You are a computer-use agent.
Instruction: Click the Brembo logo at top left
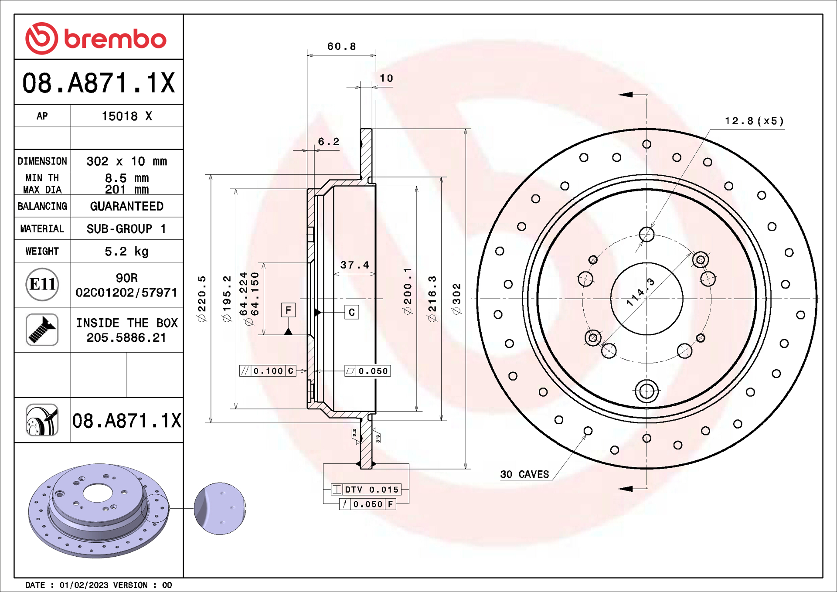click(96, 38)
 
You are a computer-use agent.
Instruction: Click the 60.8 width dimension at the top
click(341, 46)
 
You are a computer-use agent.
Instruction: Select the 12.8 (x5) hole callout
click(754, 121)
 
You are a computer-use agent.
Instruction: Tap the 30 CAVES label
click(524, 474)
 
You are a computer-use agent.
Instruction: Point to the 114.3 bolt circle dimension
click(640, 292)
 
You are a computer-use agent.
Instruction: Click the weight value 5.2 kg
click(126, 251)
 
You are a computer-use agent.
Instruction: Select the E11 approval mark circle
click(42, 284)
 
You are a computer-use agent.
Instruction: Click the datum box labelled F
click(288, 310)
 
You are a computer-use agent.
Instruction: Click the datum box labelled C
click(352, 312)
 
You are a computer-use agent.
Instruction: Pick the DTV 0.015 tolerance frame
click(366, 489)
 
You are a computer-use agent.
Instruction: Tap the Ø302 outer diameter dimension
click(456, 299)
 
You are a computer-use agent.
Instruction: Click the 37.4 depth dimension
click(354, 265)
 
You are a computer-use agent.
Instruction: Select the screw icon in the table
click(42, 330)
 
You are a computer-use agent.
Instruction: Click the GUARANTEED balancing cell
click(126, 206)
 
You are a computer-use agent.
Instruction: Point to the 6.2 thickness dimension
click(328, 142)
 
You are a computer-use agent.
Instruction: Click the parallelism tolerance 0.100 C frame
click(268, 371)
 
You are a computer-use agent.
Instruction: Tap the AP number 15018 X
click(126, 116)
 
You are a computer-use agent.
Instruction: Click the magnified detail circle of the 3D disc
click(220, 508)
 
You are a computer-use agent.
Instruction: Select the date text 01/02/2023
click(84, 585)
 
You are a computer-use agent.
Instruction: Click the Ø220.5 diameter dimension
click(202, 299)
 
